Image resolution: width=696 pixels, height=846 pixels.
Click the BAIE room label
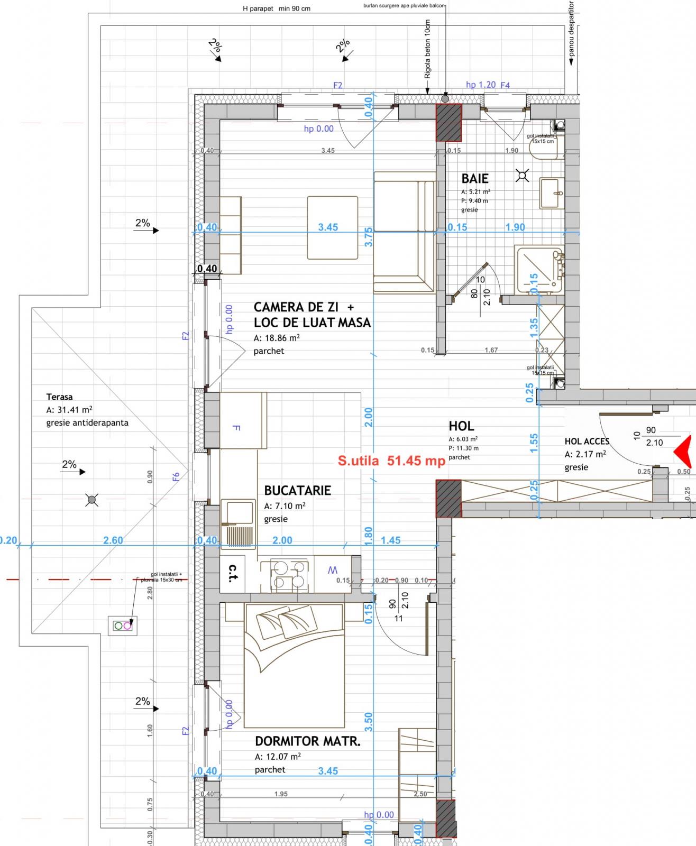click(475, 179)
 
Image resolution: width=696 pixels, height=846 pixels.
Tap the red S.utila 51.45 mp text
click(391, 461)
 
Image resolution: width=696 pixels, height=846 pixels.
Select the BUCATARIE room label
click(297, 490)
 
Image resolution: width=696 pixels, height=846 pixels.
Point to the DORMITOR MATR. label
click(307, 741)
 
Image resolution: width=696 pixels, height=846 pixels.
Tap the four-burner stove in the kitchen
click(289, 575)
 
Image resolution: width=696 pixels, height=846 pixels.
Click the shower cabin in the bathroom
click(538, 270)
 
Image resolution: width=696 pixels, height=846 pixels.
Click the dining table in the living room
click(333, 227)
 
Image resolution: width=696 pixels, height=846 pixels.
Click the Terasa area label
click(59, 397)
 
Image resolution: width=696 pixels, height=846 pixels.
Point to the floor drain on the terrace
click(92, 499)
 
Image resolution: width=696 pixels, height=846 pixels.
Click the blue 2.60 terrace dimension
click(113, 540)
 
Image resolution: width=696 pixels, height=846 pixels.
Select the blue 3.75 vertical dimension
click(369, 237)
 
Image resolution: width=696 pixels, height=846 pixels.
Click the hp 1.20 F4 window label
click(487, 85)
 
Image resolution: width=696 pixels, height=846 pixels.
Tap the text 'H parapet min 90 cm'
click(277, 8)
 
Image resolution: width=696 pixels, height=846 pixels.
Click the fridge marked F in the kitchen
click(243, 420)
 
